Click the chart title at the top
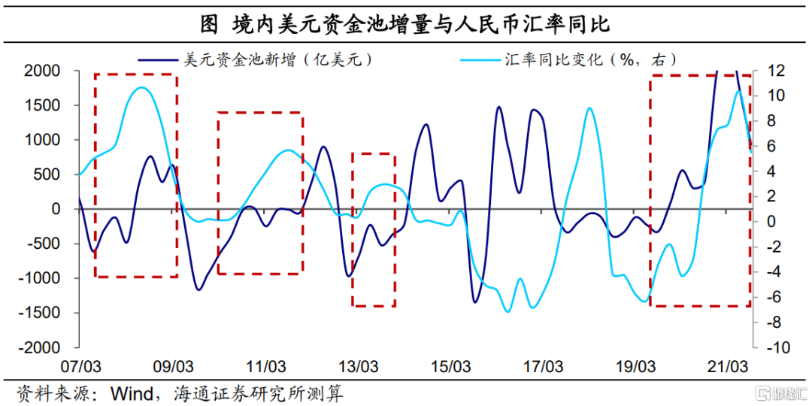pyautogui.click(x=406, y=24)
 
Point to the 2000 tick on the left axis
pyautogui.click(x=44, y=71)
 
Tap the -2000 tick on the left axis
pyautogui.click(x=41, y=348)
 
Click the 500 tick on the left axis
pyautogui.click(x=48, y=174)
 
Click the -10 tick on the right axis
pyautogui.click(x=777, y=348)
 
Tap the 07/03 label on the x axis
pyautogui.click(x=80, y=368)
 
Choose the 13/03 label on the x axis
pyautogui.click(x=358, y=368)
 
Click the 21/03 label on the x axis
pyautogui.click(x=728, y=368)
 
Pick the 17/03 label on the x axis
pyautogui.click(x=543, y=368)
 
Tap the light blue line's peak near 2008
pyautogui.click(x=142, y=88)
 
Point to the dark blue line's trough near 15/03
pyautogui.click(x=475, y=302)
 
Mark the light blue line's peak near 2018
pyautogui.click(x=590, y=108)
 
